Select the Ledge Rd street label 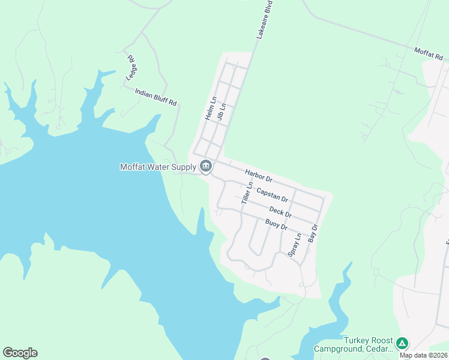(131, 67)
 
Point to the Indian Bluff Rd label (156, 97)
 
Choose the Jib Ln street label (221, 112)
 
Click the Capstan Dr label (272, 194)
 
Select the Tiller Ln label (246, 193)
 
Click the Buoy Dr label (277, 225)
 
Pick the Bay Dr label (312, 233)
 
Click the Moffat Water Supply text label (158, 167)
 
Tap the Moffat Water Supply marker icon (206, 166)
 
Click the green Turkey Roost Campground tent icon (402, 344)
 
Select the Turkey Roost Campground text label (353, 344)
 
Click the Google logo (20, 353)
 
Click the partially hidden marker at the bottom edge (265, 358)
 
